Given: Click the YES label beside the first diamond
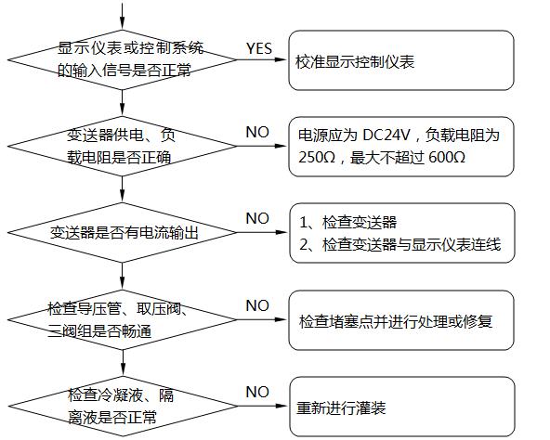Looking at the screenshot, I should click(x=259, y=47).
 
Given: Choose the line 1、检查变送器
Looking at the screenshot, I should click(x=348, y=223).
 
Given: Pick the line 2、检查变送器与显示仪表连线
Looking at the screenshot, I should click(x=400, y=244).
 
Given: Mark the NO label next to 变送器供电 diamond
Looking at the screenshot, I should click(x=257, y=133).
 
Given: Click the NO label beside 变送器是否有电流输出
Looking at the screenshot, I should click(x=257, y=218).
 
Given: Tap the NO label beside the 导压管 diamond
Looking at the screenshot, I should click(x=257, y=305).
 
